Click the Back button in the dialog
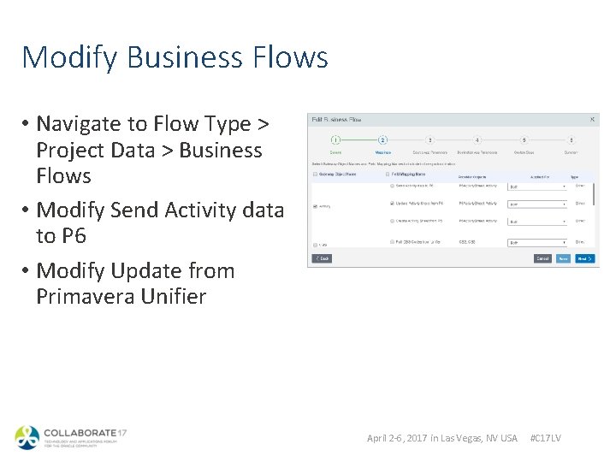tap(321, 258)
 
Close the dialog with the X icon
tap(593, 120)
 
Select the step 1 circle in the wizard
tap(336, 139)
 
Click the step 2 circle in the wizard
tap(383, 139)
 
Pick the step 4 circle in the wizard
tap(477, 139)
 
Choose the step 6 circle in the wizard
tap(571, 139)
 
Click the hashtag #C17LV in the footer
tap(546, 438)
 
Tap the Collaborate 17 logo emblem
tap(27, 438)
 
